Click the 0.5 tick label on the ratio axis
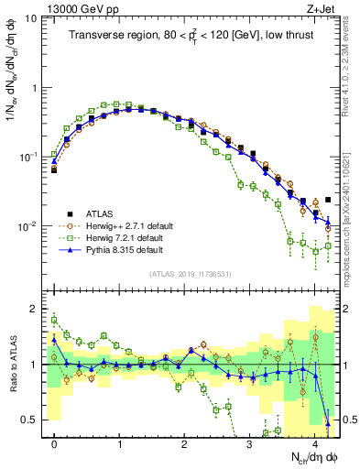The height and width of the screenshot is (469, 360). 30,420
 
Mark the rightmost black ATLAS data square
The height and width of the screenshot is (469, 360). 328,199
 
